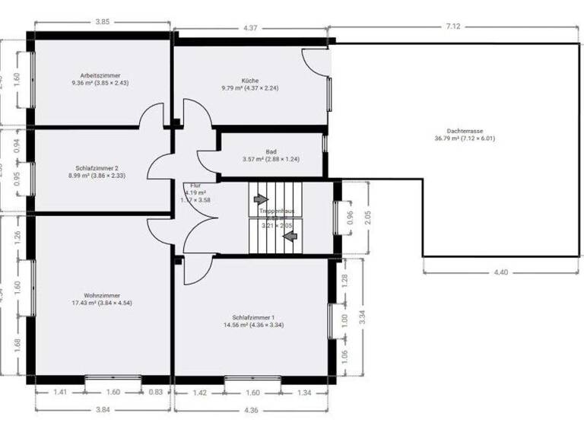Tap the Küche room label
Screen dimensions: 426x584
(x=250, y=80)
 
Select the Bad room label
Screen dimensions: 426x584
(x=271, y=151)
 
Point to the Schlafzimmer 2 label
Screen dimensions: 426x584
(x=97, y=168)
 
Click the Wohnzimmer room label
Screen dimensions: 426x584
(x=102, y=295)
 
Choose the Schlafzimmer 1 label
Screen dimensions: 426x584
(x=253, y=318)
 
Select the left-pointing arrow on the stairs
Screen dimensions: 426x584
(x=289, y=236)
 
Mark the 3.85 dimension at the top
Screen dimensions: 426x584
(x=101, y=22)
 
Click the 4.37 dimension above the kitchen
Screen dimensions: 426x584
(x=251, y=29)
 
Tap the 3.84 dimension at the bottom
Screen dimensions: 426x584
(x=101, y=409)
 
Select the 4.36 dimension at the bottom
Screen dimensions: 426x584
(x=252, y=409)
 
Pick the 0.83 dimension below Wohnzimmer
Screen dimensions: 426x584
(x=155, y=393)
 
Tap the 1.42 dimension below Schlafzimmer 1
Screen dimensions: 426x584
(x=199, y=393)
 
